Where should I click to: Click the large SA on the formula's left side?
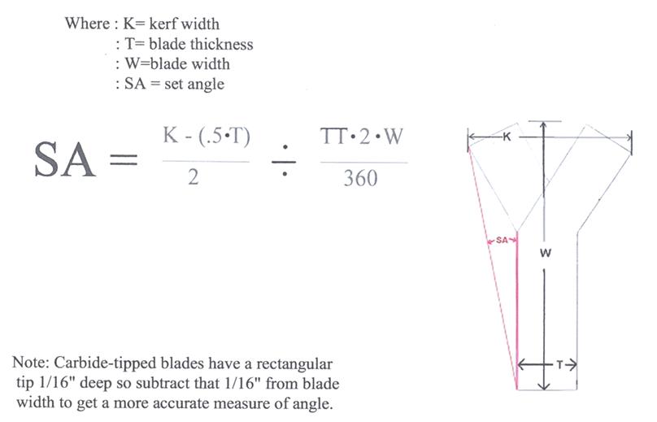click(x=65, y=160)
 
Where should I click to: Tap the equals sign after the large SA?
click(x=124, y=159)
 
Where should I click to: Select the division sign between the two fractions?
click(x=284, y=160)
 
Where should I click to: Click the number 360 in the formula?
click(x=361, y=178)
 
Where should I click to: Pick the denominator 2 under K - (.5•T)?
click(x=194, y=176)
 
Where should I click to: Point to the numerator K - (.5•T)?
click(x=207, y=137)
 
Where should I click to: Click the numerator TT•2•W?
click(x=362, y=137)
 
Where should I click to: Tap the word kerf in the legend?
click(x=162, y=24)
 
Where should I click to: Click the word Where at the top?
click(x=87, y=24)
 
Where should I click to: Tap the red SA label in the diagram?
click(x=502, y=240)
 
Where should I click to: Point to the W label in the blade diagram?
click(x=545, y=253)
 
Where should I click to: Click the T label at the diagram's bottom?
click(x=559, y=365)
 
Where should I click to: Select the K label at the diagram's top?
click(x=507, y=137)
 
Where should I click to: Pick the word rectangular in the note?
click(x=294, y=363)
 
